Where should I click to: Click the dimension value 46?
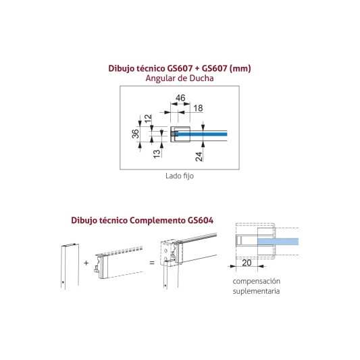click(x=180, y=98)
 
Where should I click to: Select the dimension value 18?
click(x=198, y=108)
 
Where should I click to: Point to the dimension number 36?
click(x=136, y=134)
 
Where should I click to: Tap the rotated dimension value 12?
click(x=149, y=118)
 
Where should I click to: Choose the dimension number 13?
click(x=157, y=153)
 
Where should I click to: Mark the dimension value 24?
click(x=199, y=157)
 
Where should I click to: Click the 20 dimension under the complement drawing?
click(x=247, y=263)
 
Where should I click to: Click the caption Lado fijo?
click(x=180, y=176)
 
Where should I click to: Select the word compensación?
click(x=256, y=281)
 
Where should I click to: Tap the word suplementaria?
click(x=256, y=291)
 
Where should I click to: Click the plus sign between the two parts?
click(x=86, y=263)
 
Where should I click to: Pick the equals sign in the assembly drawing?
click(x=152, y=263)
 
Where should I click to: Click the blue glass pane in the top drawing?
click(x=201, y=134)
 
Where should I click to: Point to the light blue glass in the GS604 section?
click(x=278, y=241)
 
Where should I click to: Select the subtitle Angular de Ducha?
click(x=180, y=78)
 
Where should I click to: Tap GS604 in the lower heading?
click(x=201, y=220)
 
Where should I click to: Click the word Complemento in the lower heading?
click(x=158, y=220)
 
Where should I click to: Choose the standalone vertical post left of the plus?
click(x=70, y=266)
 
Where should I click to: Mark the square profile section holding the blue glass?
click(x=180, y=134)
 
